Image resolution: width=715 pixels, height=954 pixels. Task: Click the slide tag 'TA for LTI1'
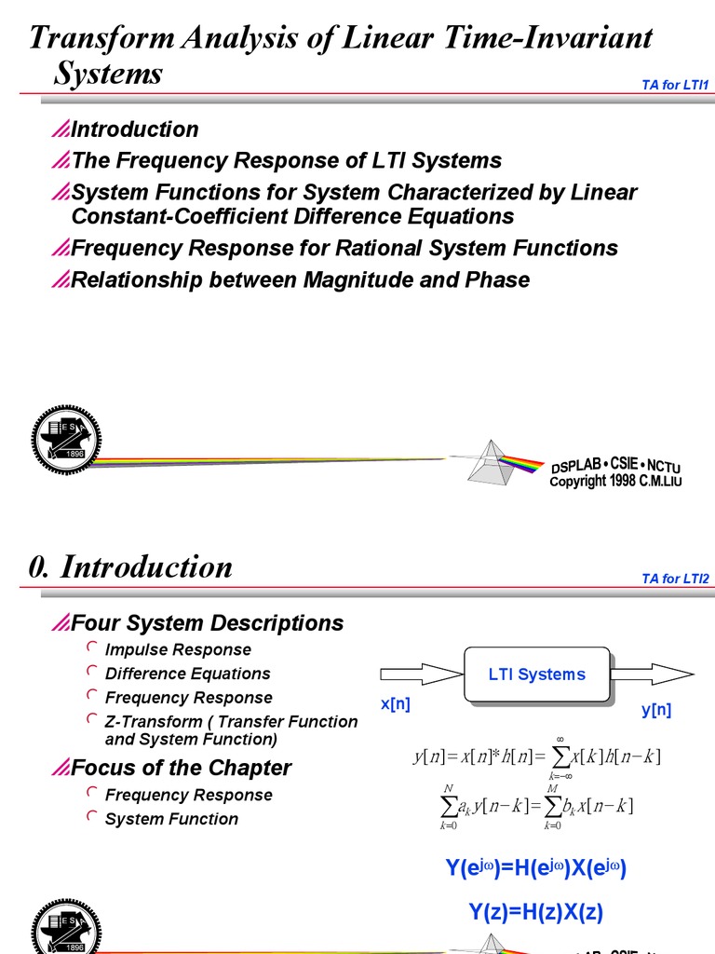click(676, 86)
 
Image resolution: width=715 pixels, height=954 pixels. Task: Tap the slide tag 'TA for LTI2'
click(676, 579)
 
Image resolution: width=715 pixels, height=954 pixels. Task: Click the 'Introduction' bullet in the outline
click(134, 129)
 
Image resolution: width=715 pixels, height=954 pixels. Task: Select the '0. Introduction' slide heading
click(130, 566)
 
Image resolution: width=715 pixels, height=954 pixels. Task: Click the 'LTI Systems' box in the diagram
click(537, 675)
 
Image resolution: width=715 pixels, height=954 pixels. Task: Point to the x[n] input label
click(395, 705)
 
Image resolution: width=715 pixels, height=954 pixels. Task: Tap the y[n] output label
click(656, 710)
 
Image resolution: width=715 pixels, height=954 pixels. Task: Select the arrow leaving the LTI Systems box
click(653, 674)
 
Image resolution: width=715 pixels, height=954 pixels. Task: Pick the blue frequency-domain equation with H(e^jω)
click(535, 868)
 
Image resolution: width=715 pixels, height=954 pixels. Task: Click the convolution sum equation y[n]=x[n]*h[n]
click(536, 756)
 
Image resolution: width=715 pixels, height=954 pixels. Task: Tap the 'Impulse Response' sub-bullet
click(178, 649)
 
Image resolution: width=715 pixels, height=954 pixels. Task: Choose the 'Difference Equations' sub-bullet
click(187, 674)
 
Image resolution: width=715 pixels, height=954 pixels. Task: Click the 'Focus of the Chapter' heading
click(181, 768)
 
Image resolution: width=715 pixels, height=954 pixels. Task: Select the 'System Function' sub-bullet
click(171, 819)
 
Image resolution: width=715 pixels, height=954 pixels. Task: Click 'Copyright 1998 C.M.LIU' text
click(615, 482)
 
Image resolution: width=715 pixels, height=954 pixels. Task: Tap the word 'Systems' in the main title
click(108, 73)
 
